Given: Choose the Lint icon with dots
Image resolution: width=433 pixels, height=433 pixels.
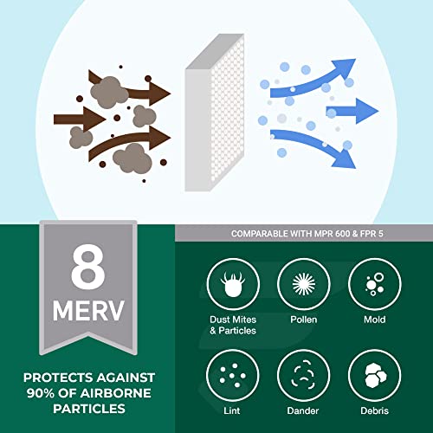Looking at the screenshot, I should (x=232, y=375).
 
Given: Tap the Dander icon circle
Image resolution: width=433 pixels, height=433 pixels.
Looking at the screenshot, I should (x=303, y=375).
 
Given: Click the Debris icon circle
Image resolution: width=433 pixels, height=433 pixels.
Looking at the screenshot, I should (x=375, y=375).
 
